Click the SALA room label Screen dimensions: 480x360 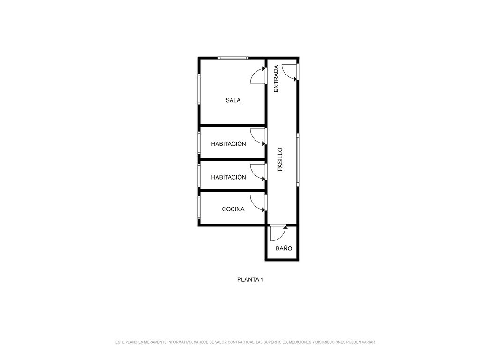[x=233, y=100]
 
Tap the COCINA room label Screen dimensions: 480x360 [x=233, y=209]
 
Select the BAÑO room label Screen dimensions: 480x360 [x=284, y=248]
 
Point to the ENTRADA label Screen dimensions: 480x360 [x=276, y=79]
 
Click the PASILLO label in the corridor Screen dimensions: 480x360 [x=280, y=159]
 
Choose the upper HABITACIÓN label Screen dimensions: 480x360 [x=228, y=143]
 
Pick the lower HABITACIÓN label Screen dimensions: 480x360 [x=228, y=177]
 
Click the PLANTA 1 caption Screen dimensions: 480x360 [x=250, y=279]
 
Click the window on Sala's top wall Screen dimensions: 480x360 [x=233, y=58]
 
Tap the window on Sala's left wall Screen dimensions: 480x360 [x=199, y=89]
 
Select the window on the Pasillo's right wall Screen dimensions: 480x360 [x=298, y=159]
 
